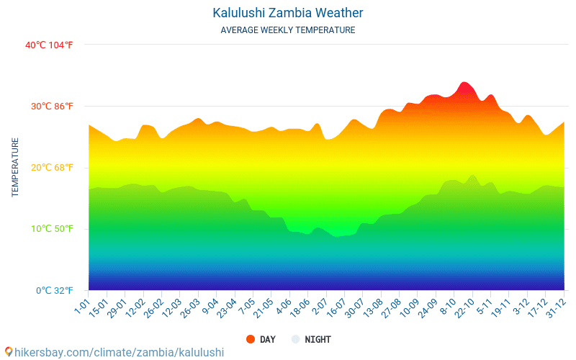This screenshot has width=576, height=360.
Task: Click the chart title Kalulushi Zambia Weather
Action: point(287,13)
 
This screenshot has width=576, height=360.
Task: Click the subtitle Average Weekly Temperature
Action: point(287,30)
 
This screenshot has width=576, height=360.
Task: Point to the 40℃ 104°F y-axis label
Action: point(49,45)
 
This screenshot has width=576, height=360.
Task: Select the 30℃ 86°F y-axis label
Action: point(52,107)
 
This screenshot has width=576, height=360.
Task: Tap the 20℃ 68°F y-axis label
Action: point(52,168)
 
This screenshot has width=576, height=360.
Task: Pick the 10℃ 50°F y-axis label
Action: point(52,229)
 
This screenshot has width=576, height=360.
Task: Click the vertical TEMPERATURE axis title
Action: point(15,167)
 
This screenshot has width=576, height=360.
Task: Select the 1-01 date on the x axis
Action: point(81,306)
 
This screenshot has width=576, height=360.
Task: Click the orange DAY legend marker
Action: point(251,339)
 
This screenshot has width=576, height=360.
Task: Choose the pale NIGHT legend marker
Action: point(295,339)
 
